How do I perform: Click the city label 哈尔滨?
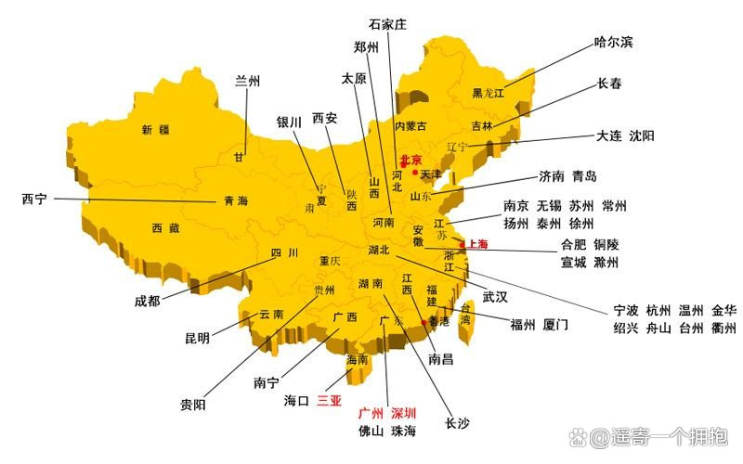613,42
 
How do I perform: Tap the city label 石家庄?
387,24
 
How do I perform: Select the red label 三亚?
330,401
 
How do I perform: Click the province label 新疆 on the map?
155,130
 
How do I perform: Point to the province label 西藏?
166,228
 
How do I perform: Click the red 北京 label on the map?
411,161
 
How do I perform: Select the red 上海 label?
476,245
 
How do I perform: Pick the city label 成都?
147,300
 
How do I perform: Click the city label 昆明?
197,338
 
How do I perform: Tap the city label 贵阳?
193,405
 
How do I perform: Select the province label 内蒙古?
411,126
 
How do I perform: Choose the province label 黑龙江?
488,93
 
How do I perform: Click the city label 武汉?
495,297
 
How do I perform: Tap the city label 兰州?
247,81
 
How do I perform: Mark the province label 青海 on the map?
236,200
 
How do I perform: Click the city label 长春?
609,84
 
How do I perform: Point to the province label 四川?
283,252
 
